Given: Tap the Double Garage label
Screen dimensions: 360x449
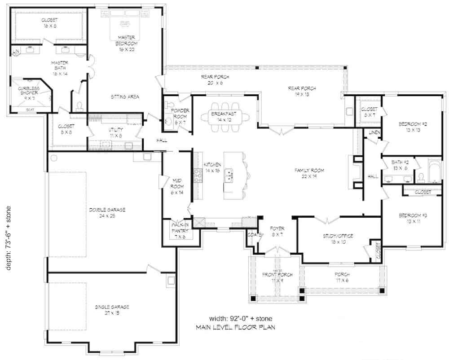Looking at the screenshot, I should click(x=107, y=212).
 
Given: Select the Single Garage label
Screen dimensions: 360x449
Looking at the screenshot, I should click(x=112, y=310).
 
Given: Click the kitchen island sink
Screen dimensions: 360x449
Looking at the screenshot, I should click(x=229, y=175).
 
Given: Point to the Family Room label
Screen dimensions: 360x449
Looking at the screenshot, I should click(x=309, y=173).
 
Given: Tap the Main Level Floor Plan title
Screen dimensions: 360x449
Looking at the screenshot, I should click(x=236, y=327).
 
